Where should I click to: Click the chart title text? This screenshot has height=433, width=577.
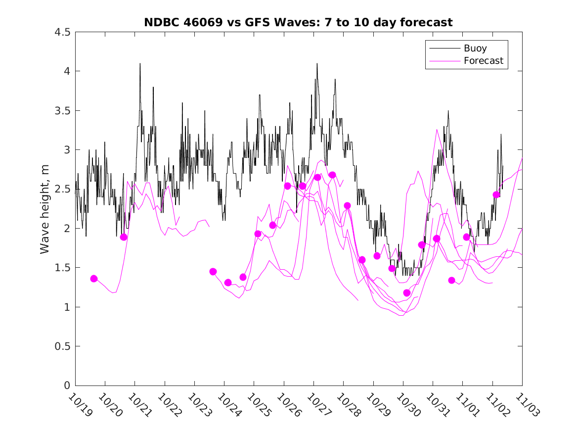click(x=298, y=22)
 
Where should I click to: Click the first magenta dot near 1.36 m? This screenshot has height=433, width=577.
click(x=94, y=279)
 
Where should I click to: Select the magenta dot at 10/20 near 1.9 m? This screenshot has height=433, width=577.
click(x=124, y=237)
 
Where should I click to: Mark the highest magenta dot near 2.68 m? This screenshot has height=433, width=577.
click(x=332, y=175)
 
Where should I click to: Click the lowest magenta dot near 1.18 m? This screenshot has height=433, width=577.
click(x=407, y=293)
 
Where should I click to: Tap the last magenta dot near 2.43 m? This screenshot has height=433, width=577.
click(x=496, y=194)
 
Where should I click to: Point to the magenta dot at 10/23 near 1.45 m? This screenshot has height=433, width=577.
click(x=213, y=271)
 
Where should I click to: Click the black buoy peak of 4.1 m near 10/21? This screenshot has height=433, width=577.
click(x=140, y=64)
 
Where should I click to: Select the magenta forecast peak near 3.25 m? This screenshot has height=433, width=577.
click(x=437, y=130)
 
